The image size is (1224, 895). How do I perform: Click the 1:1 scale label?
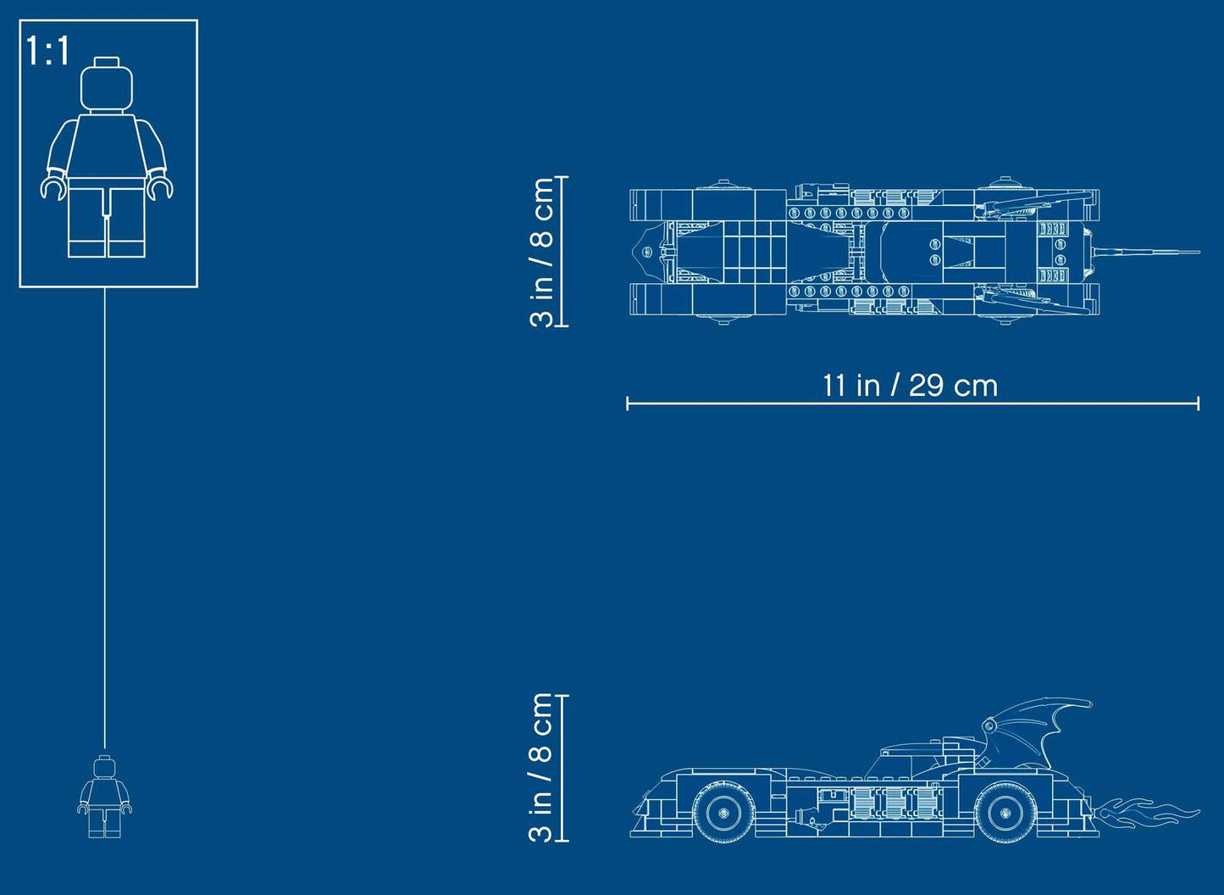47,52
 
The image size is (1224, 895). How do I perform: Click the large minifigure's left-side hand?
53,187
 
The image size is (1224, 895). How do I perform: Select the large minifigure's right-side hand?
161,187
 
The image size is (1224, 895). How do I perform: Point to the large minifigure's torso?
107,146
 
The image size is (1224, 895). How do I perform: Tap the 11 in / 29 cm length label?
910,386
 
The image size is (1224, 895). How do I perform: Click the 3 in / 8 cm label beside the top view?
541,252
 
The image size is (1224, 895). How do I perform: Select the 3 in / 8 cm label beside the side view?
541,768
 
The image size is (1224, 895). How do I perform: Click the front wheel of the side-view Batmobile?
723,813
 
